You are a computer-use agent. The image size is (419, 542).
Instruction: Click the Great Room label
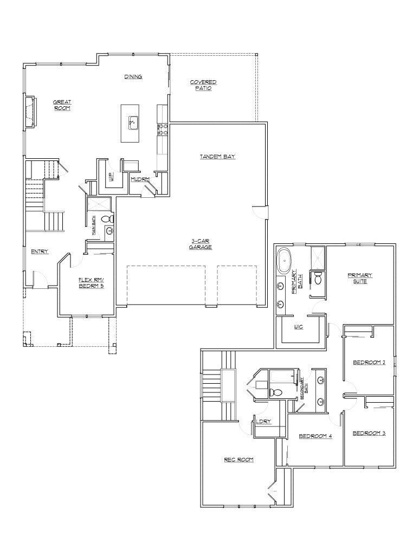tap(62, 105)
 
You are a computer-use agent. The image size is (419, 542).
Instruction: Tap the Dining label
tap(133, 77)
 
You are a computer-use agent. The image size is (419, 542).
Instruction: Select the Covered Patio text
tap(203, 85)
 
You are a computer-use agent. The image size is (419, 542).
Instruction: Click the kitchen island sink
tap(132, 123)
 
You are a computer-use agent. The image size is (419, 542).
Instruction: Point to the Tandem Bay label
tap(217, 157)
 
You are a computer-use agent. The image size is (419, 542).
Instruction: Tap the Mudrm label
tap(140, 179)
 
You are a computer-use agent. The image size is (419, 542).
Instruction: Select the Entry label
tap(40, 251)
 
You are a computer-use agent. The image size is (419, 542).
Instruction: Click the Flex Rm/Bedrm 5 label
tap(91, 283)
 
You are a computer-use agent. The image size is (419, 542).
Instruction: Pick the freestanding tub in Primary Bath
tap(284, 260)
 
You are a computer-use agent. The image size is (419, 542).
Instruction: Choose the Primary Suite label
tap(360, 279)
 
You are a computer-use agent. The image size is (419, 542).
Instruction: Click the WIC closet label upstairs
tap(298, 327)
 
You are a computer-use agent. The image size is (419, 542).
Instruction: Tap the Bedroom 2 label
tap(369, 363)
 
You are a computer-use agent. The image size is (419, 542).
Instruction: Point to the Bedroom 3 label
tap(369, 433)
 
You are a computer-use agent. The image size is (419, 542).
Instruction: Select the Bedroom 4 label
tap(315, 436)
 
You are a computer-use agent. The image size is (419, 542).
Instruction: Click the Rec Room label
tap(239, 460)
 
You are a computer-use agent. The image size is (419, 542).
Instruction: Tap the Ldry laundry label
tap(263, 422)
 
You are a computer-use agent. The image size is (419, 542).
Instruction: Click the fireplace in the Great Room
tap(31, 113)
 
